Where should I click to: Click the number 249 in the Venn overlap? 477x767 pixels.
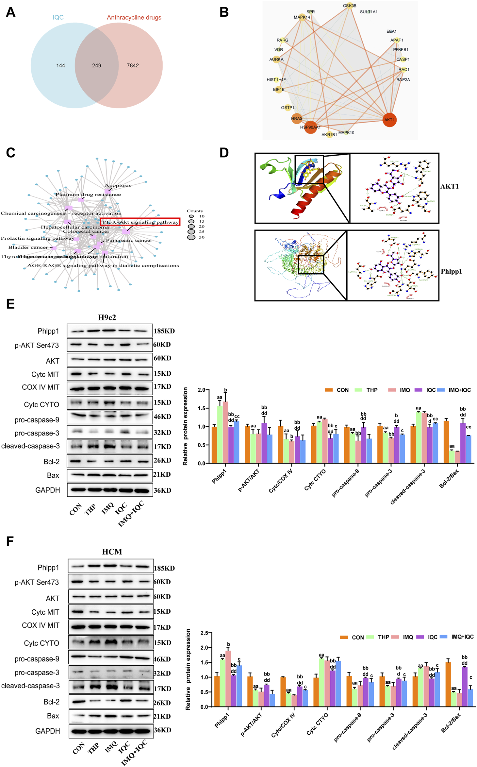(x=96, y=65)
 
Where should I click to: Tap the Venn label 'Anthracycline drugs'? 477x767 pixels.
(x=134, y=17)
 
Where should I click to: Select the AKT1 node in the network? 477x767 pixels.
(x=389, y=120)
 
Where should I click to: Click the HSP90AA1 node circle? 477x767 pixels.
(x=310, y=127)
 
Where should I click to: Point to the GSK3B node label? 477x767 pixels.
(x=350, y=6)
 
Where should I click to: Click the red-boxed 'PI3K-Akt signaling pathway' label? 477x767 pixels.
(x=140, y=222)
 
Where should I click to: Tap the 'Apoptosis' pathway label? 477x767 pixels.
(x=118, y=185)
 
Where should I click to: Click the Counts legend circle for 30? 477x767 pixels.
(x=191, y=237)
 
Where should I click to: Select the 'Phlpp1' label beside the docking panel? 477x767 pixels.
(x=451, y=271)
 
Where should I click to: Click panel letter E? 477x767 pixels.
(x=10, y=303)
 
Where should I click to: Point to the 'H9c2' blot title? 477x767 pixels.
(x=107, y=317)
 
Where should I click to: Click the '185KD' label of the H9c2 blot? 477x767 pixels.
(x=164, y=331)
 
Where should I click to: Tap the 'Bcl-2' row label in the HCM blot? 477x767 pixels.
(x=52, y=702)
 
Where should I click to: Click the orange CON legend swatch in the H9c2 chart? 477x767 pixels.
(x=329, y=390)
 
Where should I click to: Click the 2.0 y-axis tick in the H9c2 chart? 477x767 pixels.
(x=202, y=390)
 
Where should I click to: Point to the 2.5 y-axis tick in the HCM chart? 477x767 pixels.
(x=204, y=633)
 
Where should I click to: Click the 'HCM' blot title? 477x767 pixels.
(x=112, y=552)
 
